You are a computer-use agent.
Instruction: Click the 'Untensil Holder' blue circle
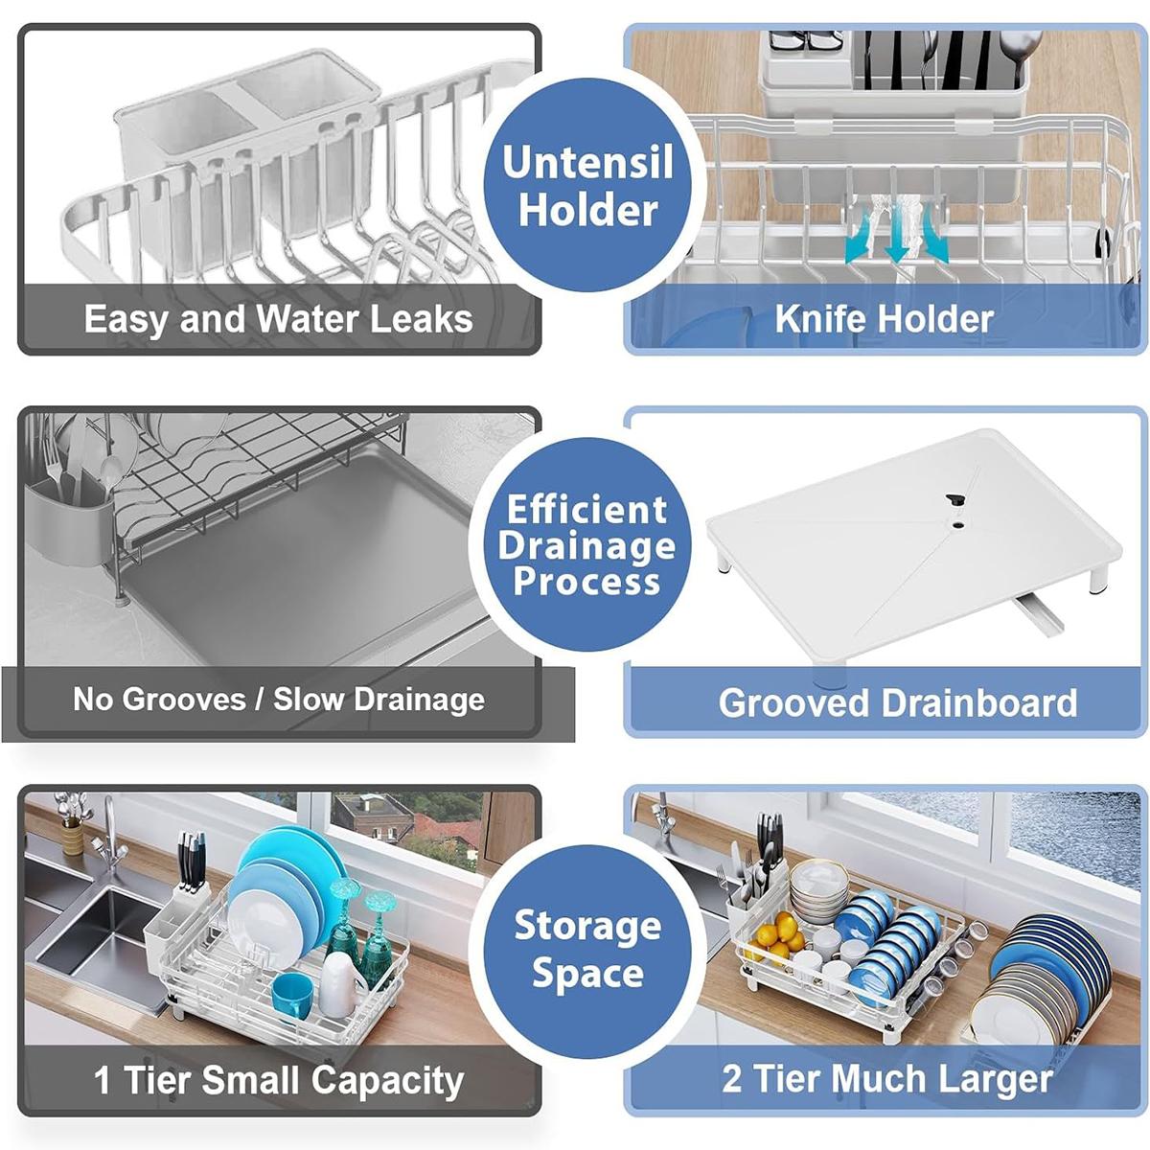click(587, 185)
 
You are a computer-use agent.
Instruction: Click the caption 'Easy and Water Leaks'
click(278, 319)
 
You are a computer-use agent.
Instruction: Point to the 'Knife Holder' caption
click(884, 319)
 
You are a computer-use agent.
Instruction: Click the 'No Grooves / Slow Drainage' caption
click(279, 700)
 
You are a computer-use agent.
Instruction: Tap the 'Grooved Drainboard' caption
click(897, 702)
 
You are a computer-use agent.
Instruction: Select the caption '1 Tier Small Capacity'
click(278, 1080)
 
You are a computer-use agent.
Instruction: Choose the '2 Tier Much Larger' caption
click(886, 1079)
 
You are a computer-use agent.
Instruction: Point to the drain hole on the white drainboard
click(955, 499)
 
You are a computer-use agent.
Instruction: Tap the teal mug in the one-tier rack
click(291, 996)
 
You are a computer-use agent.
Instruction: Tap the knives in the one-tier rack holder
click(192, 858)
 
